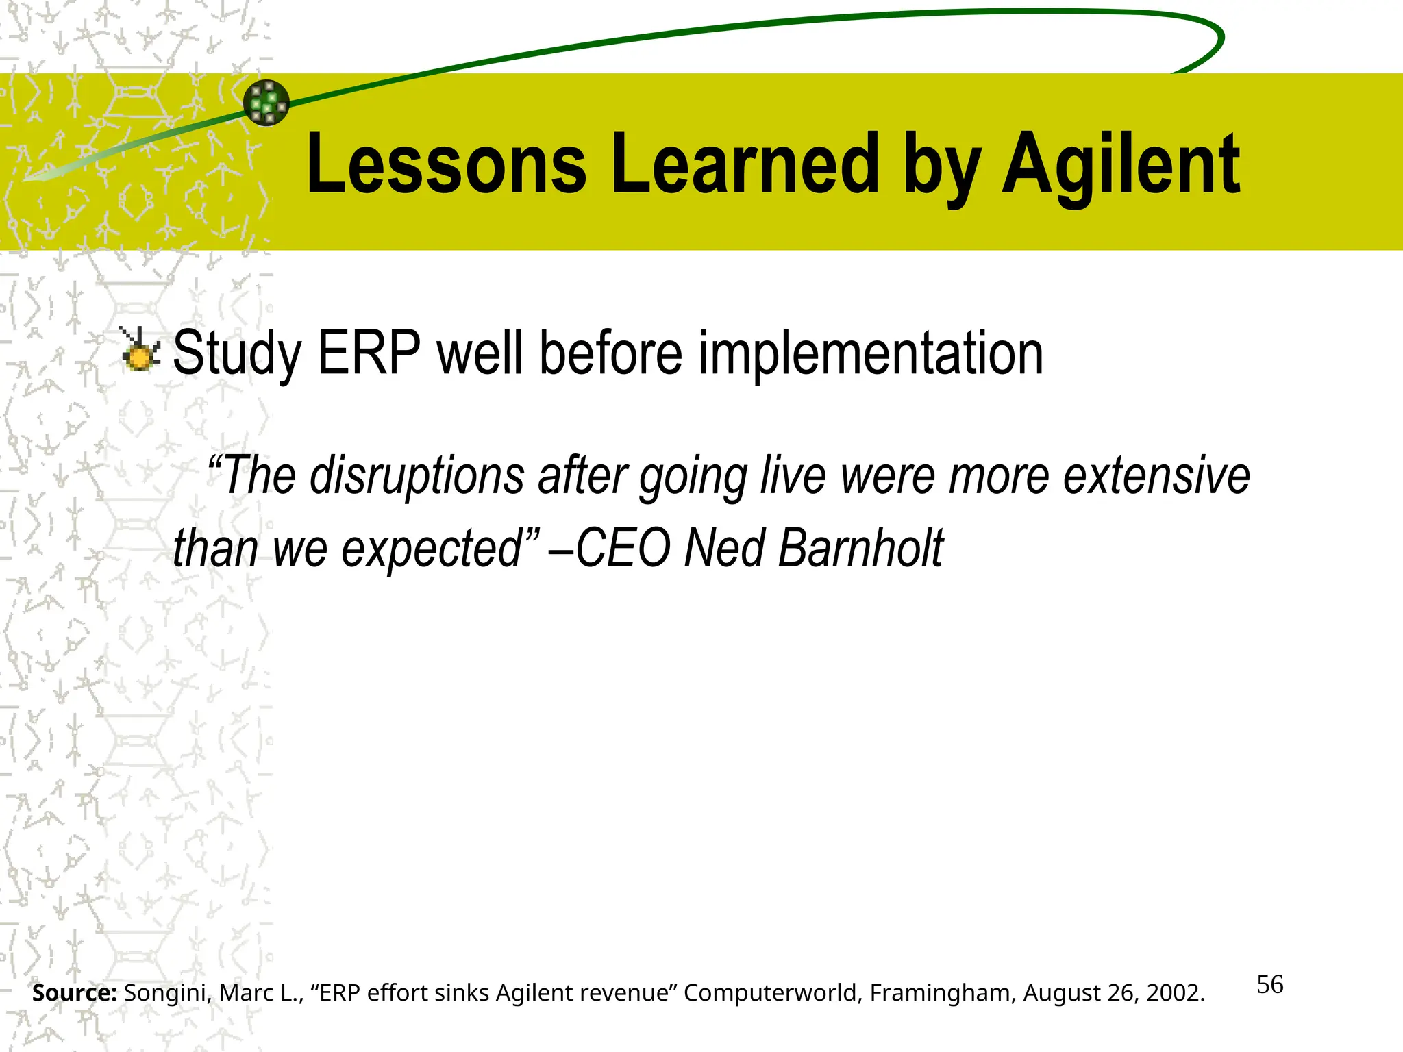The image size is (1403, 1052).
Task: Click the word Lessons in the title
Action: click(x=446, y=164)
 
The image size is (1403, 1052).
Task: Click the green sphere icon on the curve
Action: click(x=266, y=103)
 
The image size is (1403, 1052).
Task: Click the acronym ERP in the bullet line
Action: click(x=369, y=353)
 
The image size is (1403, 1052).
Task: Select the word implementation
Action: click(x=871, y=353)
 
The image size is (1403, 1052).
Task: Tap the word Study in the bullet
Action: click(x=237, y=353)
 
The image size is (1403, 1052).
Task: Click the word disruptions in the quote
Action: click(x=417, y=475)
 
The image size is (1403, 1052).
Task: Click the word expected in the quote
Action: click(x=432, y=548)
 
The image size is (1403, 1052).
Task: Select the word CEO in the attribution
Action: click(x=623, y=548)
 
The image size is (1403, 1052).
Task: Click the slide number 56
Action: click(x=1269, y=985)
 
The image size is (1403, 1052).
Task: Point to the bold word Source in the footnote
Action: click(x=74, y=993)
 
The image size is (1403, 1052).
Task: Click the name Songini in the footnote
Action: click(x=167, y=993)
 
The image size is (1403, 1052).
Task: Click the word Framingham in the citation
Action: click(x=943, y=993)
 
